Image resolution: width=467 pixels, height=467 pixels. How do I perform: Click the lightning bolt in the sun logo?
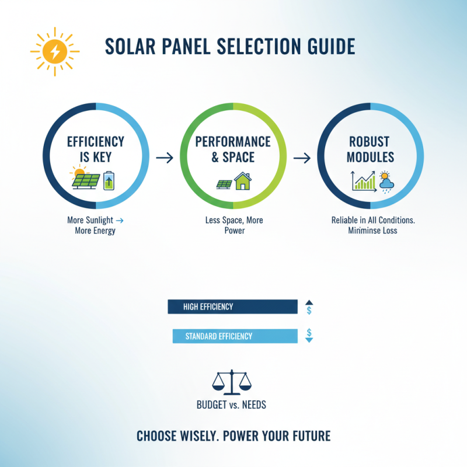click(x=55, y=52)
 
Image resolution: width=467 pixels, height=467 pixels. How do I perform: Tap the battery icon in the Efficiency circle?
click(x=109, y=180)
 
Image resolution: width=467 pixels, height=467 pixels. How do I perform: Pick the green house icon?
click(x=242, y=181)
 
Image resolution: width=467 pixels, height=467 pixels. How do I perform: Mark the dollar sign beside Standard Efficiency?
click(x=309, y=332)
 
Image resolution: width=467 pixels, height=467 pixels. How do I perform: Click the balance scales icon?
click(x=232, y=382)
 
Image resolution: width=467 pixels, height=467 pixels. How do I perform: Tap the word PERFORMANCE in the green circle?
click(x=233, y=142)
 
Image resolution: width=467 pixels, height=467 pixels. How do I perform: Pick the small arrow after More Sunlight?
click(x=120, y=220)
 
